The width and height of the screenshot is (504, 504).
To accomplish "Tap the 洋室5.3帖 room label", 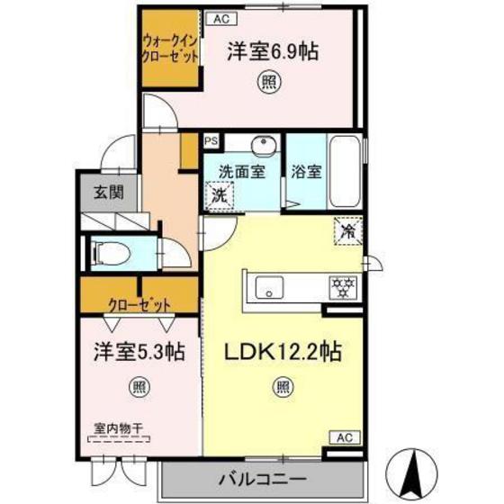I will (137, 352).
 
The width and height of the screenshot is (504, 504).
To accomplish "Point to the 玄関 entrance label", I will (109, 191).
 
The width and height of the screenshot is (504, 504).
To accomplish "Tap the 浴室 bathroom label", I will (306, 171).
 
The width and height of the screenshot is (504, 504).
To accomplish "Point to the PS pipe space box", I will (211, 141).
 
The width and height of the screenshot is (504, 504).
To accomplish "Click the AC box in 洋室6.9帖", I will (220, 17).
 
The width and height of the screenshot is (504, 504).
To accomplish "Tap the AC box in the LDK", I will (344, 437).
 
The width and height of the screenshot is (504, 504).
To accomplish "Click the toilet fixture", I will (112, 248).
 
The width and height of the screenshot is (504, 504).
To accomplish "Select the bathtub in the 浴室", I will (346, 171).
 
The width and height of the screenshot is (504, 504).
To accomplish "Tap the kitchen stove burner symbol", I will (341, 288).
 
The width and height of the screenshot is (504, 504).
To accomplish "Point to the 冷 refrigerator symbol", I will (347, 230).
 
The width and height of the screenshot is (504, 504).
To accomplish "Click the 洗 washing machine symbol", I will (219, 193).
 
